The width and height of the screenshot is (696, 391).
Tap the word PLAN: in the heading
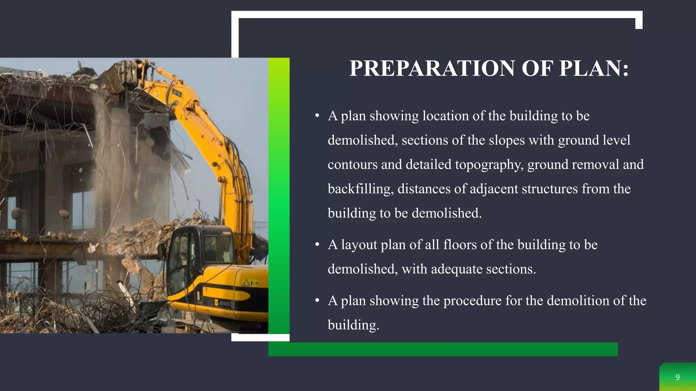click(x=594, y=68)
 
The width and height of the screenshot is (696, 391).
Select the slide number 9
click(x=677, y=377)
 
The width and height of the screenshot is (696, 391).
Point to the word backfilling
click(x=361, y=189)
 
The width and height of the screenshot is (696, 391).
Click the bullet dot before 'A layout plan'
click(x=317, y=245)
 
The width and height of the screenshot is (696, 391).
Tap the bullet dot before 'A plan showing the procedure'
click(x=317, y=301)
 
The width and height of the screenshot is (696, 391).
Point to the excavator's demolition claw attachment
click(x=126, y=75)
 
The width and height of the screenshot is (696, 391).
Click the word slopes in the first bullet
click(x=506, y=140)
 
